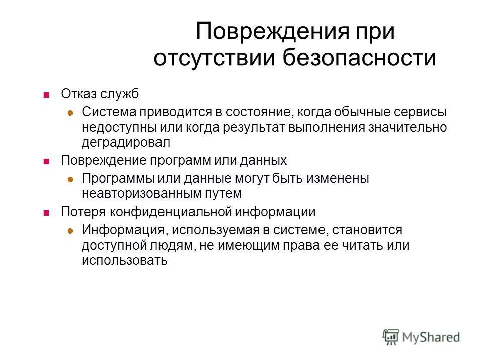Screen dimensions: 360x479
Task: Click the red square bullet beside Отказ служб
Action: point(46,94)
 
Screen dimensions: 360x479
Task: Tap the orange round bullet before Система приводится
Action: point(71,113)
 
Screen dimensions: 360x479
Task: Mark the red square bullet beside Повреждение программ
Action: point(46,161)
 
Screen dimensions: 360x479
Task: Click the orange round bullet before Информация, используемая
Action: point(71,230)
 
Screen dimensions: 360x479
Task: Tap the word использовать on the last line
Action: point(124,260)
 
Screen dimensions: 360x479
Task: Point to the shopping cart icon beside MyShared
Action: point(391,337)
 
